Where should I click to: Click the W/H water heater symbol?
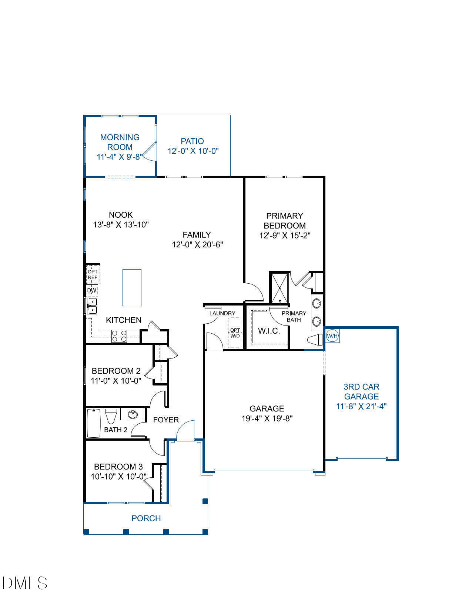point(332,336)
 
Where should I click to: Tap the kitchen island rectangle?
point(132,287)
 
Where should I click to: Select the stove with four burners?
point(119,336)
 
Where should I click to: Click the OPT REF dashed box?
point(93,274)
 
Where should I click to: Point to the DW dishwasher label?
point(92,290)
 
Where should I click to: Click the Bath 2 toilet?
point(111,416)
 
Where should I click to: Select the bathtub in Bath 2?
point(94,423)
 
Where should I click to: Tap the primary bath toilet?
point(315,340)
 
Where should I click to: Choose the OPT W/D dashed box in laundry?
point(235,333)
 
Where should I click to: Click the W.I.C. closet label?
point(269,331)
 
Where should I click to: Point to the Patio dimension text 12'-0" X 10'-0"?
point(193,151)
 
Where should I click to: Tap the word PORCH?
point(146,518)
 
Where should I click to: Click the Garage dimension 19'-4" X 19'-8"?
point(267,418)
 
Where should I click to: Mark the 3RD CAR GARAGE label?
point(361,391)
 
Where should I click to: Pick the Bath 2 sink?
point(133,415)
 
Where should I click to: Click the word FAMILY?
point(197,235)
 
